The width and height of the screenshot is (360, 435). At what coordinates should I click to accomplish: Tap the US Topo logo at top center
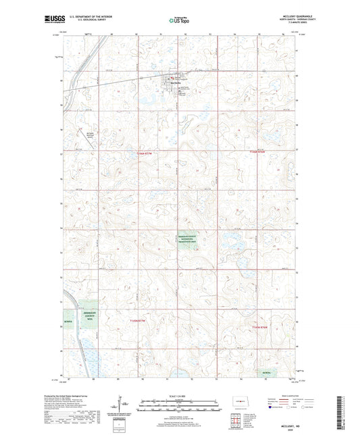click(178, 21)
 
